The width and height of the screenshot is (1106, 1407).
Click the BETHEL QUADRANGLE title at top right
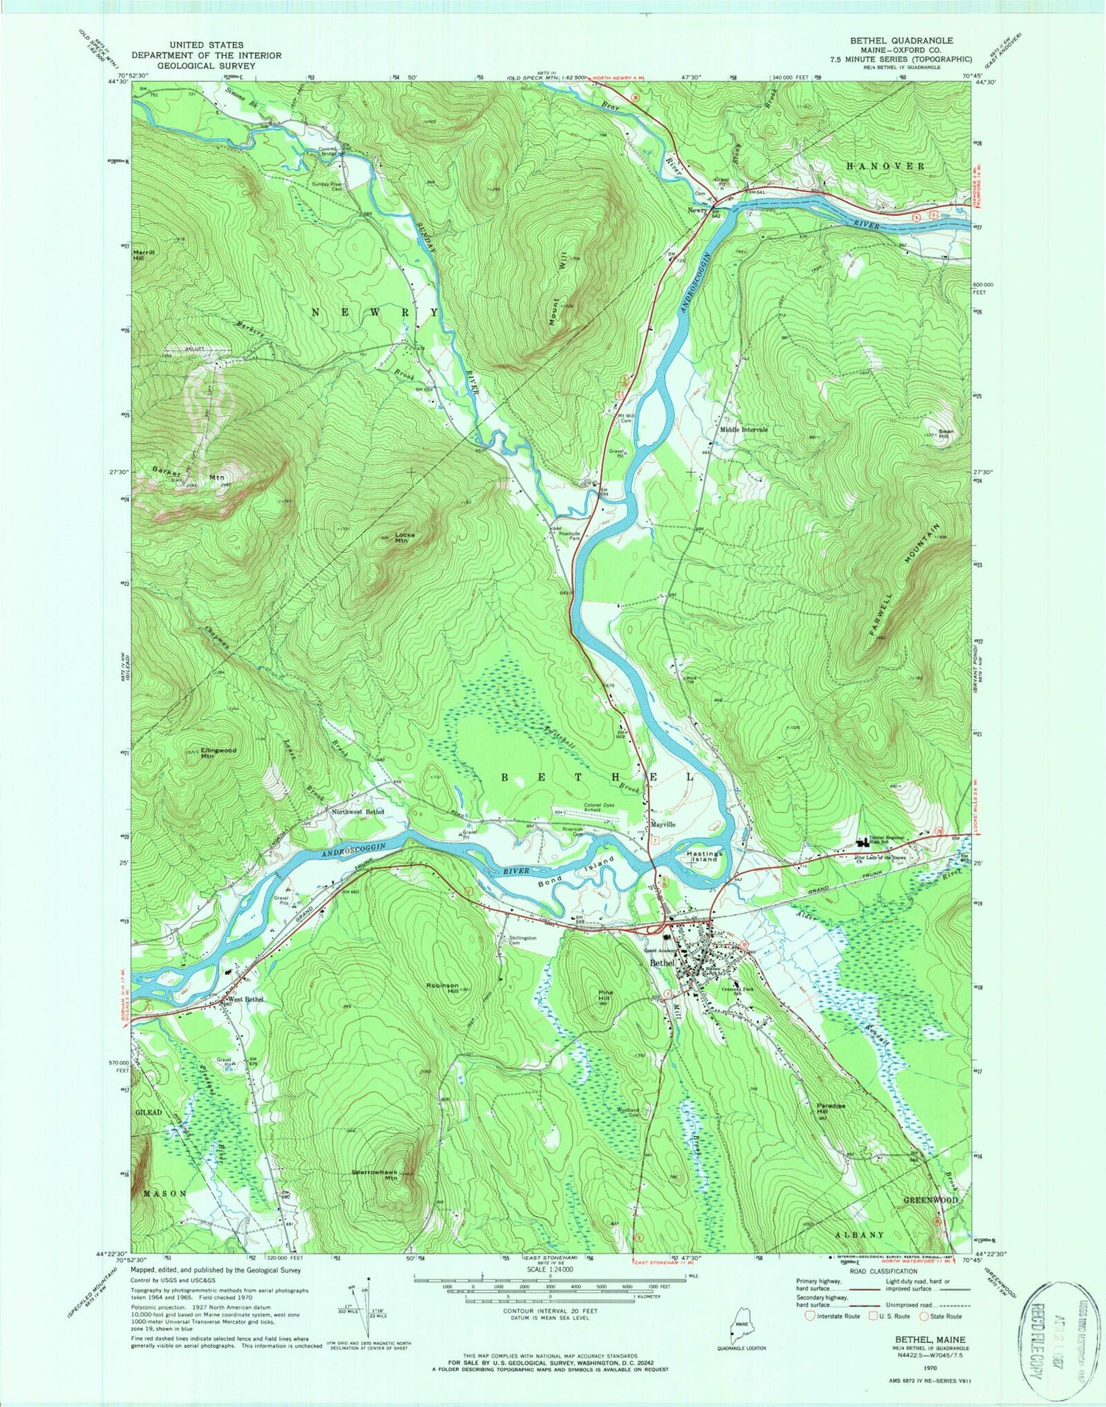(911, 41)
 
